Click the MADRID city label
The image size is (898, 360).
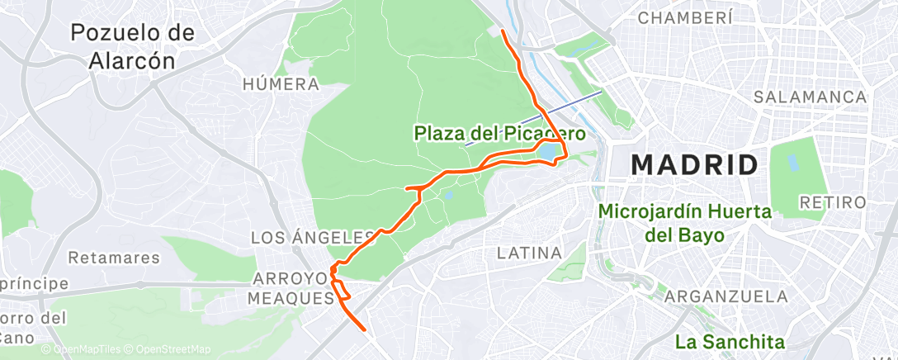(694, 164)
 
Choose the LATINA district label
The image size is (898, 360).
(529, 253)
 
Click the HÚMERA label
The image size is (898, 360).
(281, 84)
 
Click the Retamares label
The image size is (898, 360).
(114, 258)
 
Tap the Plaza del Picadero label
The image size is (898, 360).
(500, 132)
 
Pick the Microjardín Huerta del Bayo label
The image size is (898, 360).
(684, 223)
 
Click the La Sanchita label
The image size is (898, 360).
(729, 341)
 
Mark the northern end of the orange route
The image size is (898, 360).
(503, 31)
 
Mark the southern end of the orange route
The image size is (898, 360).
(365, 329)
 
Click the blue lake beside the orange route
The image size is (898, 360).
(548, 153)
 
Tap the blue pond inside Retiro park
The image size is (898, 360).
(795, 154)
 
